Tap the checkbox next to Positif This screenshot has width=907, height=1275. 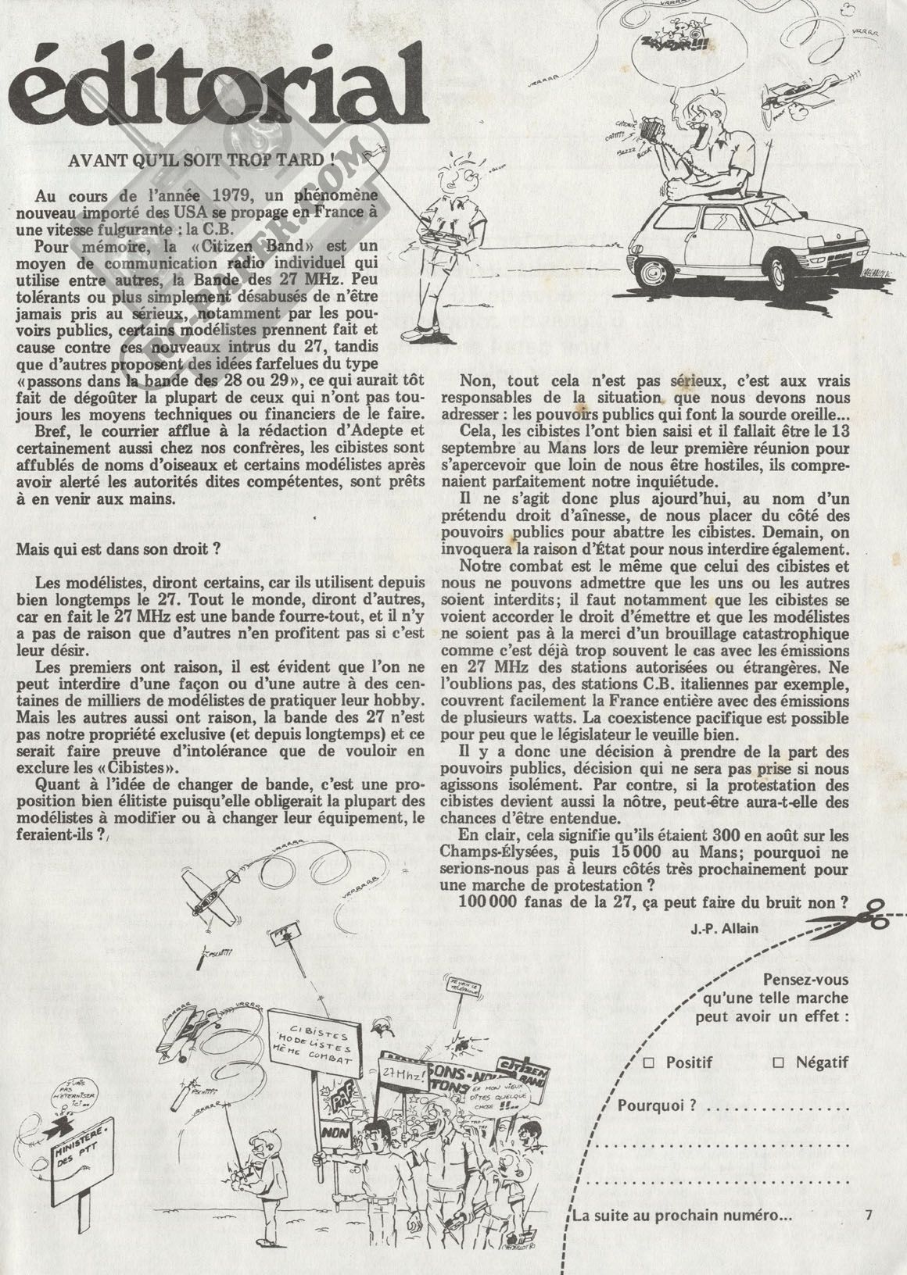coord(648,1062)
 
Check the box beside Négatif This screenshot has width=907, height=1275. coord(777,1062)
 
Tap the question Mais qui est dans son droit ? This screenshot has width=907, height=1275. coord(113,548)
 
